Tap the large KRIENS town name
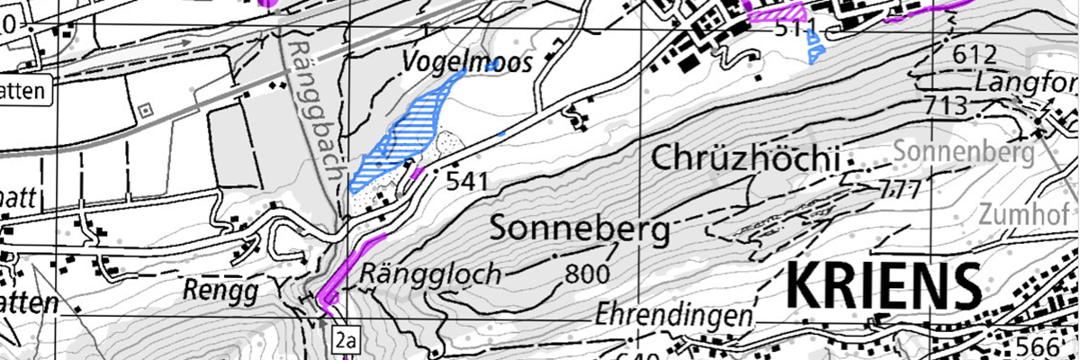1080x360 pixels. pos(884,287)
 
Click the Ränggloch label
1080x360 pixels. pos(429,274)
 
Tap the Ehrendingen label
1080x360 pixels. pos(673,316)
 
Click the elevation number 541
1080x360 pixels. pos(467,182)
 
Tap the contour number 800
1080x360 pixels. pos(589,273)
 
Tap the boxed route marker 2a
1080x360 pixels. pos(345,339)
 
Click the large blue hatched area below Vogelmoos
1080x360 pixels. pos(405,130)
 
